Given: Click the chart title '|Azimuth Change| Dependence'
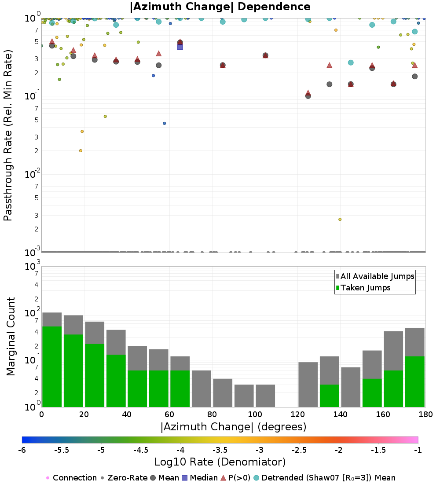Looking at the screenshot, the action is coord(220,7).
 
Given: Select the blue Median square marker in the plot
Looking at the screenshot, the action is coord(180,47).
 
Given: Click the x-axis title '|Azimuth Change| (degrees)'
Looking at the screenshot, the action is coord(234,427).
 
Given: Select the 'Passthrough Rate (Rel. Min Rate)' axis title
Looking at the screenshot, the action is coord(8,135).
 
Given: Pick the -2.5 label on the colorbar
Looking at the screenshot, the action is coord(299,450).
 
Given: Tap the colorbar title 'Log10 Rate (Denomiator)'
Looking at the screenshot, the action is coord(220,462).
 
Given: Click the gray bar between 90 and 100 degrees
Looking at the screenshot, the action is coord(244,396).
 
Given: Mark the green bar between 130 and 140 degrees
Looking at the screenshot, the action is coord(330,396).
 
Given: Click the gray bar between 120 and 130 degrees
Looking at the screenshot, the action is coord(308,385).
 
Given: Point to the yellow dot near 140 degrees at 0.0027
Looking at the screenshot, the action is coord(340,220).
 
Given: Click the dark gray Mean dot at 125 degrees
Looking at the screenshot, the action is coord(308,96).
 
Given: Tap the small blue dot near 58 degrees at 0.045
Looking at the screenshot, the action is coord(164,124).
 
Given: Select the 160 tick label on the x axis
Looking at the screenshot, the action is coord(383,414).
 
